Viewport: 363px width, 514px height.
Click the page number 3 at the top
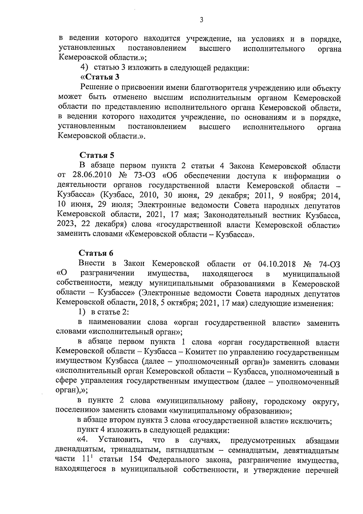pos(201,20)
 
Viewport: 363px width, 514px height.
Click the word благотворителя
pos(220,88)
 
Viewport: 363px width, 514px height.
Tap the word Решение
pos(96,88)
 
